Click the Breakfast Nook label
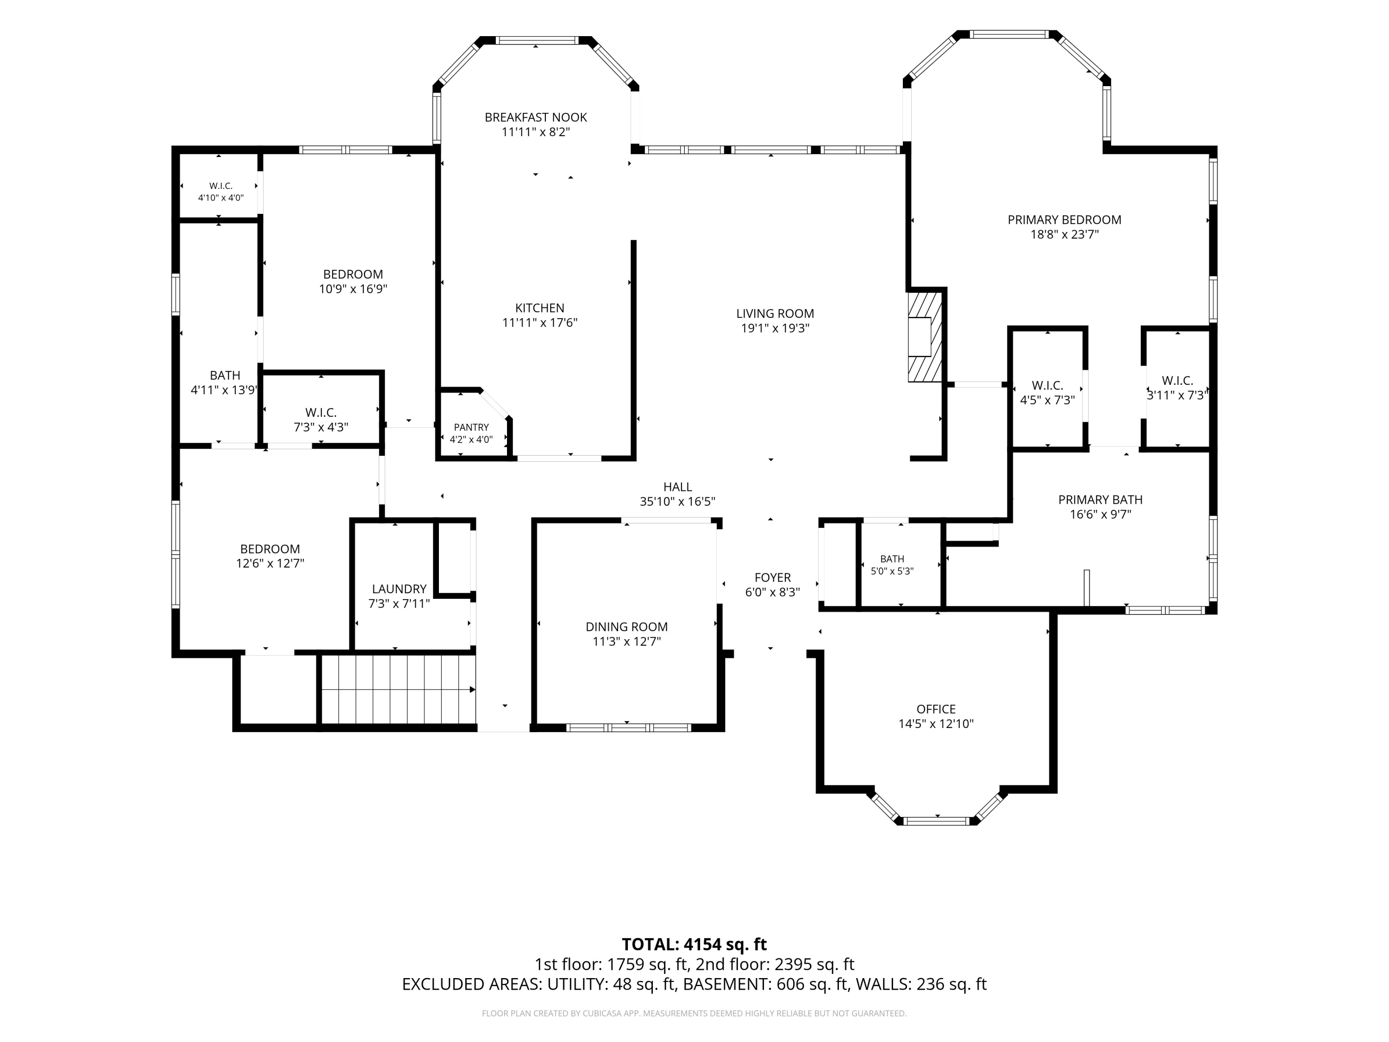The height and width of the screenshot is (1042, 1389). click(x=536, y=118)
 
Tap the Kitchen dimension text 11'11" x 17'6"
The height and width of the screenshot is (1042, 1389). click(x=539, y=323)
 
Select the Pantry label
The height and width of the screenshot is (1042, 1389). click(x=471, y=427)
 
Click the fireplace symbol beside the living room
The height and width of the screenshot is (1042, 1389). click(x=926, y=336)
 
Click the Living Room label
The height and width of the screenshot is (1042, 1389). click(x=775, y=314)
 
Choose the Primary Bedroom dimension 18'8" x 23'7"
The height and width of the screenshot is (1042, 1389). click(x=1064, y=235)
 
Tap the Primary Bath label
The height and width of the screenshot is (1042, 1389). click(x=1100, y=500)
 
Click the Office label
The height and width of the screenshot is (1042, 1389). click(x=936, y=709)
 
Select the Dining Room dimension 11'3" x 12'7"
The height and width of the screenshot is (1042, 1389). click(x=627, y=641)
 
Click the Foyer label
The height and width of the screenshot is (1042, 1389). click(x=772, y=577)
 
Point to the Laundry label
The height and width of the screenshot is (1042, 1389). click(x=399, y=589)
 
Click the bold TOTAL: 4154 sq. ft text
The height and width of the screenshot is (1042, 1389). click(x=694, y=945)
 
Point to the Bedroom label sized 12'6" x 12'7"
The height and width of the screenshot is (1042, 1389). click(x=270, y=549)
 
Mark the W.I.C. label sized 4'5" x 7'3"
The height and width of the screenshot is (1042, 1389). click(x=1047, y=386)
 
